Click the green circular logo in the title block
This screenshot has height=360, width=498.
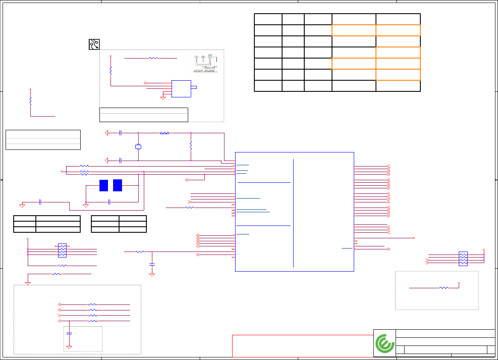384,343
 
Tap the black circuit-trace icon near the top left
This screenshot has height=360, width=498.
94,44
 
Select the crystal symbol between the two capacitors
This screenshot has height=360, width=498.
138,147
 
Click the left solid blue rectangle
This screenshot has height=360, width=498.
104,185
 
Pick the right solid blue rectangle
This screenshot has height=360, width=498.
118,185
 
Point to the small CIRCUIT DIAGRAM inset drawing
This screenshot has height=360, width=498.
206,63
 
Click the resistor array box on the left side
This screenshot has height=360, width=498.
62,250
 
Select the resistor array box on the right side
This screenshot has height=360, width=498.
463,259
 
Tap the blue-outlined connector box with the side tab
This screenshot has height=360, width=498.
181,88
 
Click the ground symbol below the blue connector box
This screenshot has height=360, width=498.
163,98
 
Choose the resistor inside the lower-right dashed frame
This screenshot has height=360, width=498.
444,288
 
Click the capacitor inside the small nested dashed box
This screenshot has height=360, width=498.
69,333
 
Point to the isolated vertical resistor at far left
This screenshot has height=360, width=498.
30,101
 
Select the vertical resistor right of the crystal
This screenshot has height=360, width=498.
191,145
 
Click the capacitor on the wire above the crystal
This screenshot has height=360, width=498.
121,133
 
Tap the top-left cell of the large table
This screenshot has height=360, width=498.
268,19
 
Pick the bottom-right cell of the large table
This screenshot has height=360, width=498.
398,85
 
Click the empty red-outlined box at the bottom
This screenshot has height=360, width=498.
302,345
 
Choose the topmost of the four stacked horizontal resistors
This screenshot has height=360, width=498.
93,304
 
